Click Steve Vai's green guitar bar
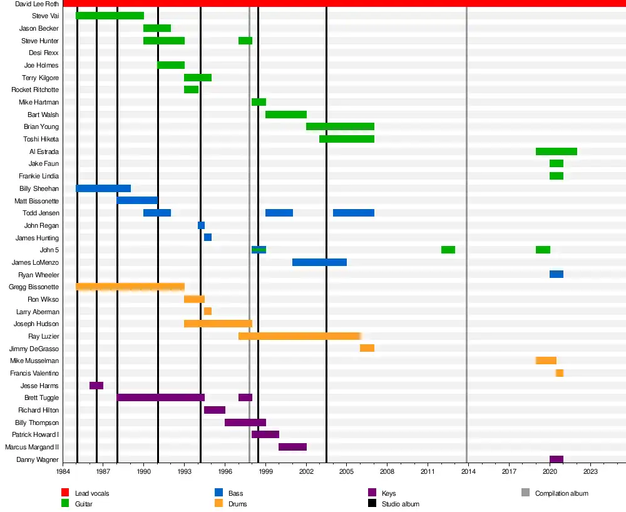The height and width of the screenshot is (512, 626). pyautogui.click(x=110, y=16)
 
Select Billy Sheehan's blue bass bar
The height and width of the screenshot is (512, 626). pyautogui.click(x=103, y=188)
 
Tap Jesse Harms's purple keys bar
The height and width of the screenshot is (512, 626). pyautogui.click(x=96, y=386)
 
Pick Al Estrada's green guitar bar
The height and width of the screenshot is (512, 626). pyautogui.click(x=557, y=151)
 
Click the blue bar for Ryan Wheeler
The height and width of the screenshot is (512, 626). pyautogui.click(x=557, y=274)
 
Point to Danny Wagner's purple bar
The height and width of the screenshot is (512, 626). pyautogui.click(x=557, y=459)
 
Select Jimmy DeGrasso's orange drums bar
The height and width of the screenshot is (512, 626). pyautogui.click(x=367, y=348)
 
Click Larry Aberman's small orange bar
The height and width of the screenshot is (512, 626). pyautogui.click(x=208, y=311)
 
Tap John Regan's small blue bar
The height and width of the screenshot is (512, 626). pyautogui.click(x=201, y=225)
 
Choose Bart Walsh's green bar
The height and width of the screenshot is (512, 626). pyautogui.click(x=286, y=115)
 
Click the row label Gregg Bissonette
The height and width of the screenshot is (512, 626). pyautogui.click(x=34, y=287)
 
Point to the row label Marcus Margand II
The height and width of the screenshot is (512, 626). pyautogui.click(x=32, y=447)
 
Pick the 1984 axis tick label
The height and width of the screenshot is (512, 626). pyautogui.click(x=63, y=471)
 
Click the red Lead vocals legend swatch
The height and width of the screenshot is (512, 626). pyautogui.click(x=64, y=493)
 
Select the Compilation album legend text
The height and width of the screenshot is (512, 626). pyautogui.click(x=562, y=493)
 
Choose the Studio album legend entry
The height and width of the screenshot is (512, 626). pyautogui.click(x=400, y=504)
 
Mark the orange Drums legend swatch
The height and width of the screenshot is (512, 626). pyautogui.click(x=218, y=503)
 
